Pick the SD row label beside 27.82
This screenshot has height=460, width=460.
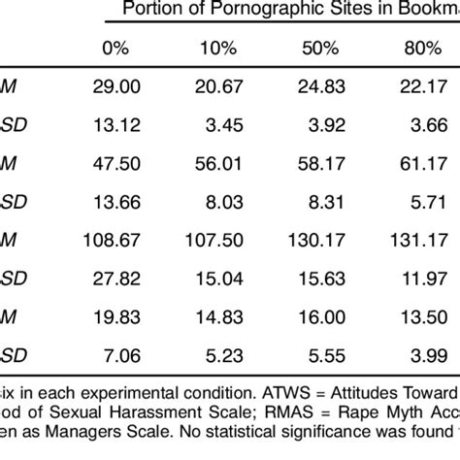10,276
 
